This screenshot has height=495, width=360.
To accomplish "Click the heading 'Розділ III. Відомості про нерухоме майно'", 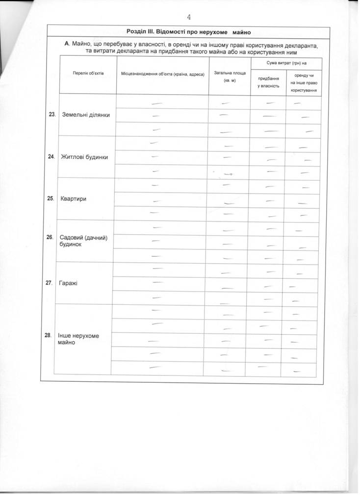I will (x=188, y=32).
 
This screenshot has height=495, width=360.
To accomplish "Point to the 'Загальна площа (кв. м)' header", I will (x=230, y=76).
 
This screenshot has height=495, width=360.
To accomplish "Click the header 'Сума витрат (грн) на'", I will (x=286, y=63).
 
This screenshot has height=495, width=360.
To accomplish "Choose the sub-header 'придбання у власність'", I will (x=268, y=82).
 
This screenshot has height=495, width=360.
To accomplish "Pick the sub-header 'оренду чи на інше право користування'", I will (x=304, y=83).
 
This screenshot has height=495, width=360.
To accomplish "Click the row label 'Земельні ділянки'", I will (x=86, y=115).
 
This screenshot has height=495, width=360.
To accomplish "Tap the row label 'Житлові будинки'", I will (x=84, y=157).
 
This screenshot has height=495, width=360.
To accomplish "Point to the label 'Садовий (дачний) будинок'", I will (x=83, y=241).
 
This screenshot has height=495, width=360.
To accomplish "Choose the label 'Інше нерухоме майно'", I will (x=78, y=339).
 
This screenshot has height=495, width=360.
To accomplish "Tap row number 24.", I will (x=51, y=157).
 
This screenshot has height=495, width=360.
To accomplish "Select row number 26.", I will (x=50, y=237).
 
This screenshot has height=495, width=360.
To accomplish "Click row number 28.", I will (x=48, y=336).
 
